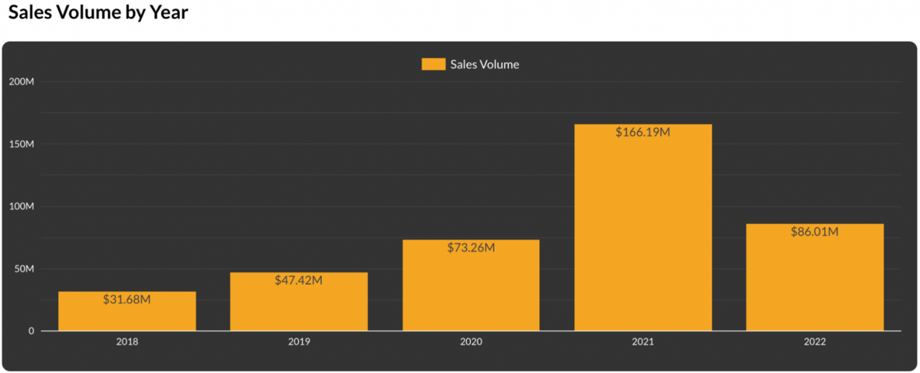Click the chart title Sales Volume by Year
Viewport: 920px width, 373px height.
point(98,13)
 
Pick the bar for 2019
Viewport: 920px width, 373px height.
point(299,307)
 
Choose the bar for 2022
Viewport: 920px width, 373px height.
point(814,284)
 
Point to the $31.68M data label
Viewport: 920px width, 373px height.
point(127,299)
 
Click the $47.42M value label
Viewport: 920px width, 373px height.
point(299,280)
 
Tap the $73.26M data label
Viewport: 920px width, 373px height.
point(471,248)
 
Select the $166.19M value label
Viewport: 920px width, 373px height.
point(642,132)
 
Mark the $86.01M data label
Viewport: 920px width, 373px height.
point(814,232)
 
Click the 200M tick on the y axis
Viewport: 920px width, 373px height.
point(21,81)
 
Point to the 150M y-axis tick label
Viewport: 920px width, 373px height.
point(21,144)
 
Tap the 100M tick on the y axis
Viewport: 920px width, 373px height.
point(21,206)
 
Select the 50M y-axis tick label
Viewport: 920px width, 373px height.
point(24,269)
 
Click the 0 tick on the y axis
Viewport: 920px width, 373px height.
point(31,331)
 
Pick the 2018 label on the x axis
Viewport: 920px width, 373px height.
point(127,342)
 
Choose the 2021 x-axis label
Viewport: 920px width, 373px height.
point(642,342)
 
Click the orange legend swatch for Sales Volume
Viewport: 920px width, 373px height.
point(433,64)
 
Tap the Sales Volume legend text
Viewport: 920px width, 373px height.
point(485,64)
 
